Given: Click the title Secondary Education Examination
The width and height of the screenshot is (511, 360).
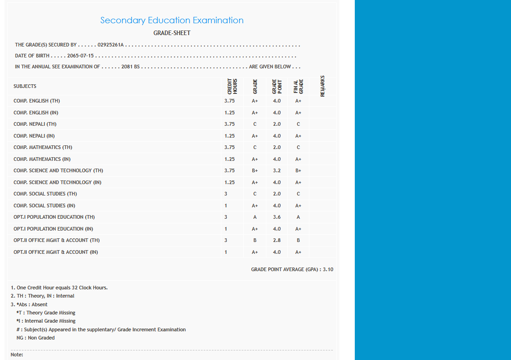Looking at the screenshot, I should (x=172, y=21).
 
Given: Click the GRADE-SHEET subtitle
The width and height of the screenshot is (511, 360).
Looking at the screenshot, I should (x=172, y=33).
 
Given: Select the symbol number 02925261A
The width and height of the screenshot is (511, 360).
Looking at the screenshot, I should (x=111, y=45).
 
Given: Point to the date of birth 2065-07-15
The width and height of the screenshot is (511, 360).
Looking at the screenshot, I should (x=80, y=56).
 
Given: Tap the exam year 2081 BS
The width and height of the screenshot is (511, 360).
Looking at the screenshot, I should (x=130, y=67).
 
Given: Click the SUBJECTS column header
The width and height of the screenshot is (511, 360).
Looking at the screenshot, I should (x=25, y=86).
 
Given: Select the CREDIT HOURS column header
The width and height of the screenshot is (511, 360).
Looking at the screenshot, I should (x=232, y=86).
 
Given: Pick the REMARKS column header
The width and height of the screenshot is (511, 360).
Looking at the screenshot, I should (x=322, y=86).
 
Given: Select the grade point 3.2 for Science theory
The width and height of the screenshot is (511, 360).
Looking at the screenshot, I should (x=277, y=170).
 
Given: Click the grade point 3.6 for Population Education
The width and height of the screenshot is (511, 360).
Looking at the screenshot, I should (x=277, y=217).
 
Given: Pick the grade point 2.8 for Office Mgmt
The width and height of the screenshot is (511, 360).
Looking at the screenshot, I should (x=277, y=240).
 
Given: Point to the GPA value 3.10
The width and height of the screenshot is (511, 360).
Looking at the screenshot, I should (x=328, y=270).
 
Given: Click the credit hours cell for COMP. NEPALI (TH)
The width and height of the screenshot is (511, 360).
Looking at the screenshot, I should (x=230, y=124).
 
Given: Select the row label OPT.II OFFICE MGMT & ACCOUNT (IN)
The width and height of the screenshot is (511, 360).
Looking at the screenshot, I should (x=56, y=252).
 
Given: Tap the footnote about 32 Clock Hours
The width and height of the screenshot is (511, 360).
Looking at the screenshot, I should (x=59, y=288).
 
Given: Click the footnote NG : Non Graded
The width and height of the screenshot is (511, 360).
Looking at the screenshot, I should (x=36, y=338).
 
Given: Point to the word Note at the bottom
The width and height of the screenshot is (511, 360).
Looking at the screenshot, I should (x=17, y=355).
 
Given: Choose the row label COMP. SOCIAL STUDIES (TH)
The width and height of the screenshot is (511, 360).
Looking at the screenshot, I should (x=45, y=194).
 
